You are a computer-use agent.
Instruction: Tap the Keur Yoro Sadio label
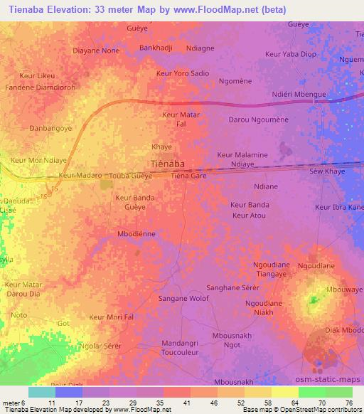tap(183, 73)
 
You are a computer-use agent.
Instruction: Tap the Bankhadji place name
tap(156, 48)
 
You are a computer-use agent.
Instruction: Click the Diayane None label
tap(96, 51)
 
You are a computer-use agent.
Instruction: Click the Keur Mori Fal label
tap(112, 317)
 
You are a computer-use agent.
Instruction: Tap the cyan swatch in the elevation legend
tap(42, 392)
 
